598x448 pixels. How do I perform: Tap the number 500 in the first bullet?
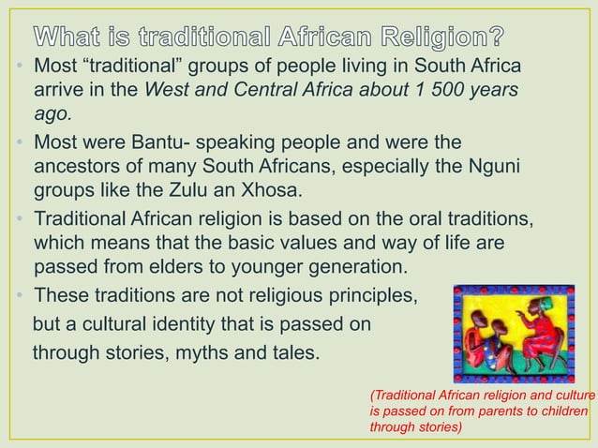point(448,91)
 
